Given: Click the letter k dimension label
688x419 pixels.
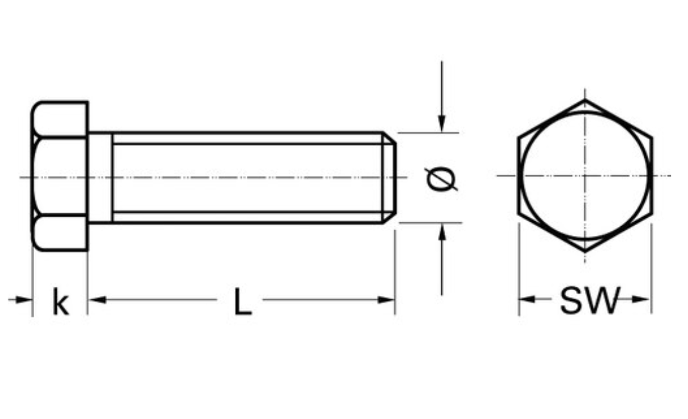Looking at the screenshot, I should (x=60, y=302).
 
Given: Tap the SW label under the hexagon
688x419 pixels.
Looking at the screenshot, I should (x=588, y=300).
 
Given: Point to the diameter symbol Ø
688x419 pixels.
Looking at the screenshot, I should (x=441, y=178).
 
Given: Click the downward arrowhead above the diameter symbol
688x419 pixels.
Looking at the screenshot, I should (x=441, y=124).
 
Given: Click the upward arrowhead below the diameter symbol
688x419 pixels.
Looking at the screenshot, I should (x=441, y=232).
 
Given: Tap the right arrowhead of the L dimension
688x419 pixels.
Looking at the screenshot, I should (x=387, y=300).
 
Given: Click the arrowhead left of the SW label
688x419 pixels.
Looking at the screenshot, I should (x=528, y=299).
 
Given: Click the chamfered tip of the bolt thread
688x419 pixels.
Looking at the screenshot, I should (x=389, y=177).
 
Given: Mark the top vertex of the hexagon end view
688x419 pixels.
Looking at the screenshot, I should (x=585, y=100).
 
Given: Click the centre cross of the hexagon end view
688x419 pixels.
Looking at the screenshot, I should (x=585, y=175).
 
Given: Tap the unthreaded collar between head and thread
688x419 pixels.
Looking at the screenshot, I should (x=100, y=177).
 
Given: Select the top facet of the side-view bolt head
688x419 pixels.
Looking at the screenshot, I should (x=60, y=119).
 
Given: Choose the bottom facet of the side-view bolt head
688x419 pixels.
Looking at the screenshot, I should (x=60, y=233).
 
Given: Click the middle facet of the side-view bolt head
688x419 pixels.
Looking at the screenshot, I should (x=60, y=177).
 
